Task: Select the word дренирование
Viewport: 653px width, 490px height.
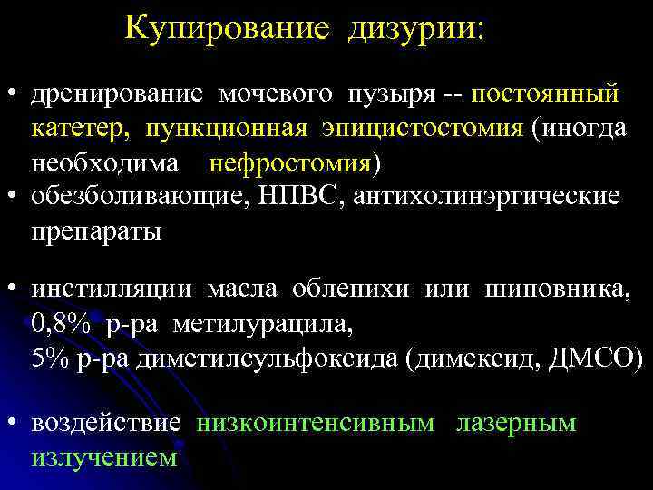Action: tap(120, 94)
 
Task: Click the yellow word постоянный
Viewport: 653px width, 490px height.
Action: tap(546, 94)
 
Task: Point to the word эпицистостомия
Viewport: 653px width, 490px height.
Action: tap(421, 129)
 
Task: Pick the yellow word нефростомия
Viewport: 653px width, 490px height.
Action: tap(290, 163)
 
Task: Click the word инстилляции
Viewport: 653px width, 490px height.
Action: tap(112, 289)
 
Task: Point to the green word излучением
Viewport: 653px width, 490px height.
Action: tap(104, 457)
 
